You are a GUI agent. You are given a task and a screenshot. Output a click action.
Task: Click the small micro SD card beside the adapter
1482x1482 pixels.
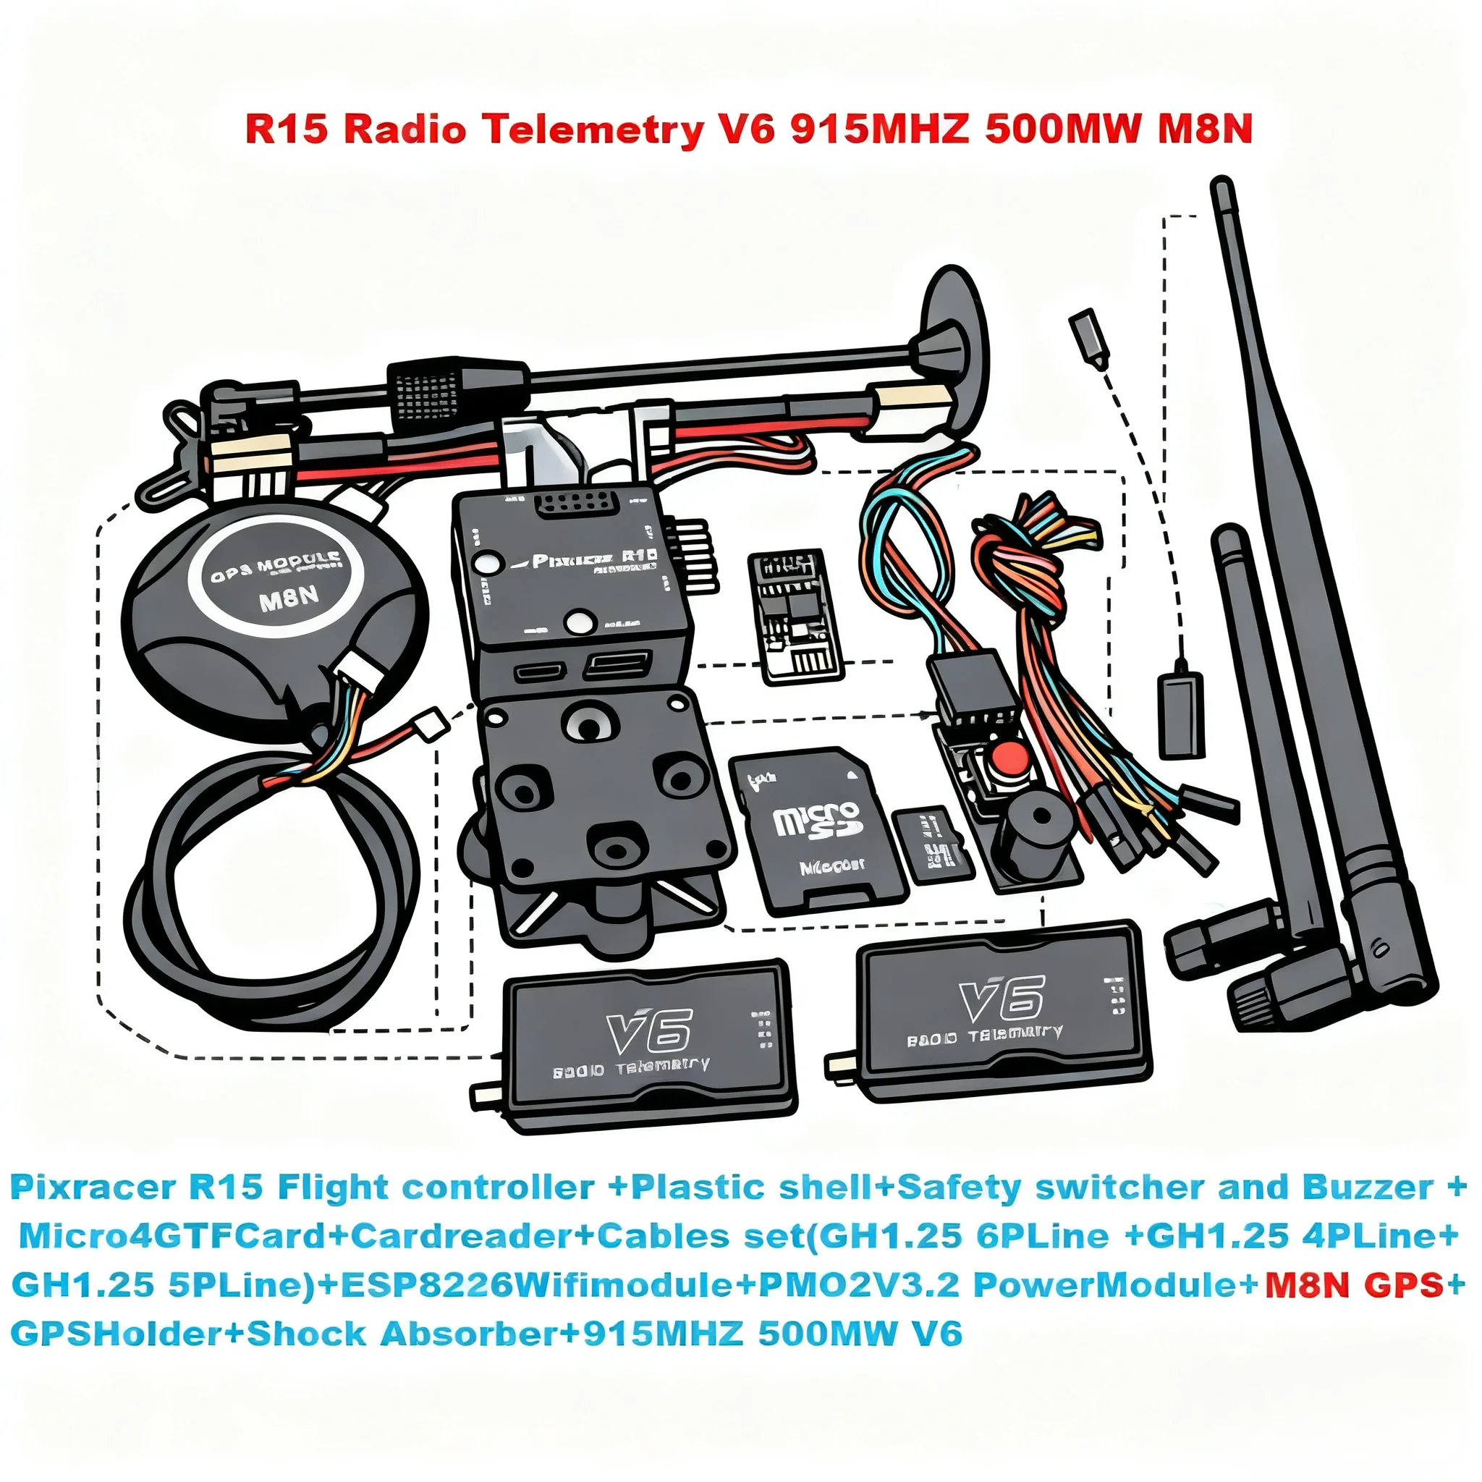(x=933, y=844)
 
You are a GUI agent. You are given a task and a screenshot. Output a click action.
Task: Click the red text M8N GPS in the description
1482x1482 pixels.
(x=1354, y=1285)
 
